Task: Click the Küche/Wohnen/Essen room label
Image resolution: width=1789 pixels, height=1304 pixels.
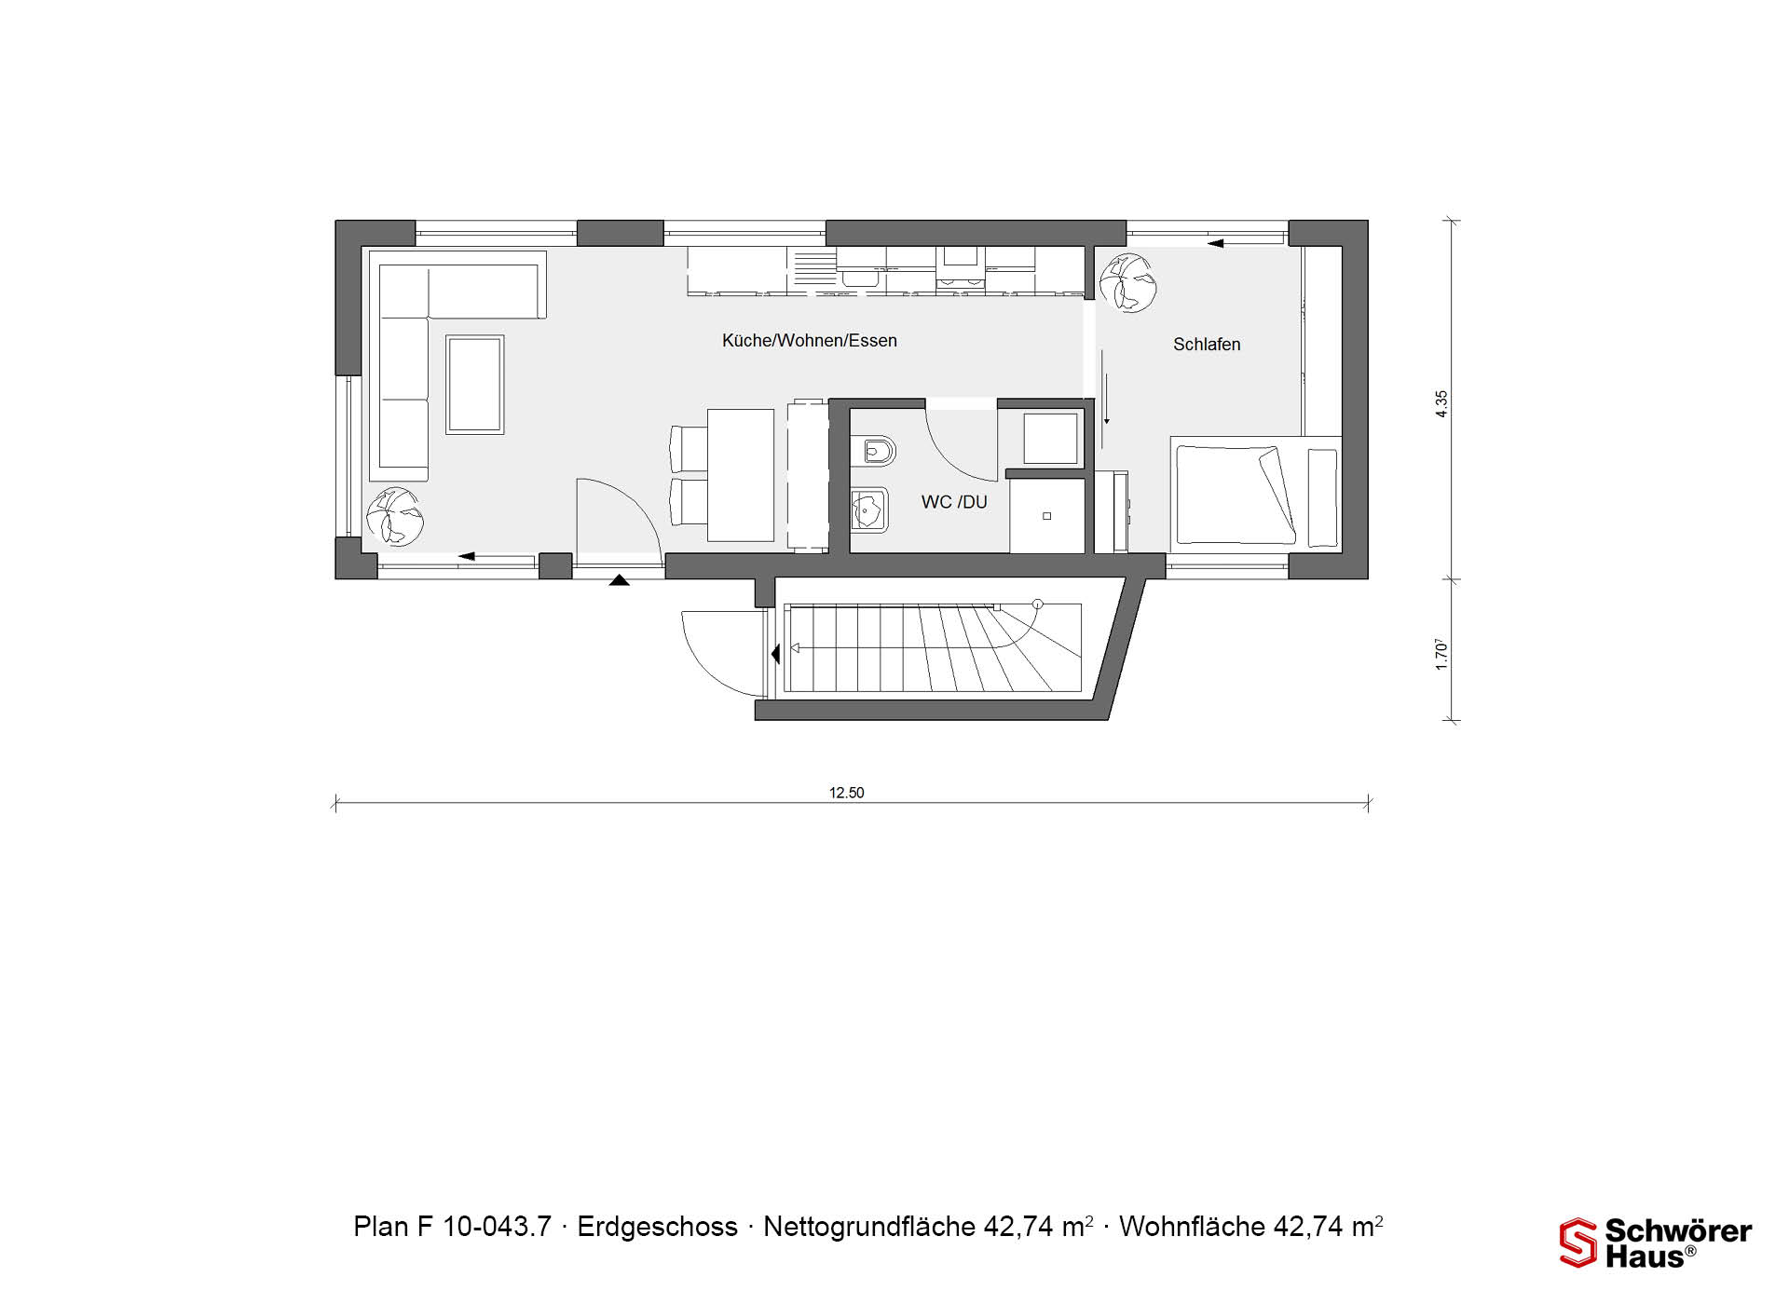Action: click(809, 341)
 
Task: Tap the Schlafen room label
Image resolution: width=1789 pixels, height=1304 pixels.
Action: click(1207, 345)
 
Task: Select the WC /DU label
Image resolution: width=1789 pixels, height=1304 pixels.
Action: click(954, 502)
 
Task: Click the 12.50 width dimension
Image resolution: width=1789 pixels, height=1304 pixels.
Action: click(846, 793)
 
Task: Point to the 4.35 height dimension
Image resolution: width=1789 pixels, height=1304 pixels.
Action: click(1441, 403)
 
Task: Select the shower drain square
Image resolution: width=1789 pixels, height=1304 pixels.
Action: click(1046, 516)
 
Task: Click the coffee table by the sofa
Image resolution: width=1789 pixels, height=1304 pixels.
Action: click(475, 385)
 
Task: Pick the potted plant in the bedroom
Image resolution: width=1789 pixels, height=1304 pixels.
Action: click(1127, 282)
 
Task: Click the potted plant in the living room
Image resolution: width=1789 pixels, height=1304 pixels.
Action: click(394, 515)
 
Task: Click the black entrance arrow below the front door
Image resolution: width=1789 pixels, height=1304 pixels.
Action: click(619, 580)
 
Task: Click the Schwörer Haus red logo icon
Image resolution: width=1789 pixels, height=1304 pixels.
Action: click(1578, 1243)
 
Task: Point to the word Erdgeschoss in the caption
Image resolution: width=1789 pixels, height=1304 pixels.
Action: click(657, 1227)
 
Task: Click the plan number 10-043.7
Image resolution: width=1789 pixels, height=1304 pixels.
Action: click(497, 1227)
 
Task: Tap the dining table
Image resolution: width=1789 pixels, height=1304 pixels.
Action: click(741, 475)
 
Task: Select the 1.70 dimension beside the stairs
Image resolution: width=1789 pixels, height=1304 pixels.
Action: click(1441, 654)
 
